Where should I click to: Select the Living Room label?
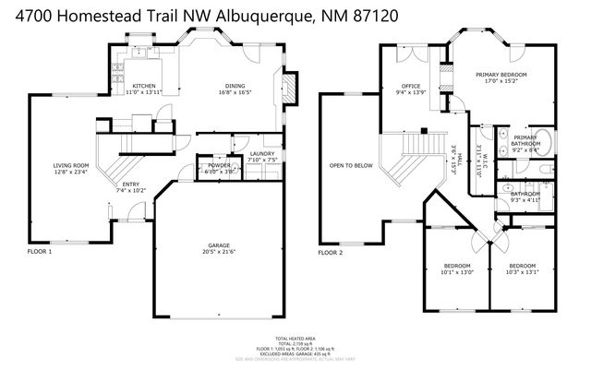pyautogui.click(x=70, y=165)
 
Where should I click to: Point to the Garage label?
pyautogui.click(x=217, y=245)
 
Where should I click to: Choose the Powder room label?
pyautogui.click(x=219, y=165)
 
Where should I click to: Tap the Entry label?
pyautogui.click(x=132, y=184)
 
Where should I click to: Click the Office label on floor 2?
pyautogui.click(x=410, y=85)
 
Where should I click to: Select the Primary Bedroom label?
pyautogui.click(x=501, y=73)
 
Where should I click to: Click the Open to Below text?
pyautogui.click(x=351, y=166)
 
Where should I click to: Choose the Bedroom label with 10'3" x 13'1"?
pyautogui.click(x=522, y=266)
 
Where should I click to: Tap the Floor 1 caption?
pyautogui.click(x=39, y=251)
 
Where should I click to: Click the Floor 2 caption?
pyautogui.click(x=330, y=251)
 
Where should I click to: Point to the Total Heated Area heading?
pyautogui.click(x=295, y=339)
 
